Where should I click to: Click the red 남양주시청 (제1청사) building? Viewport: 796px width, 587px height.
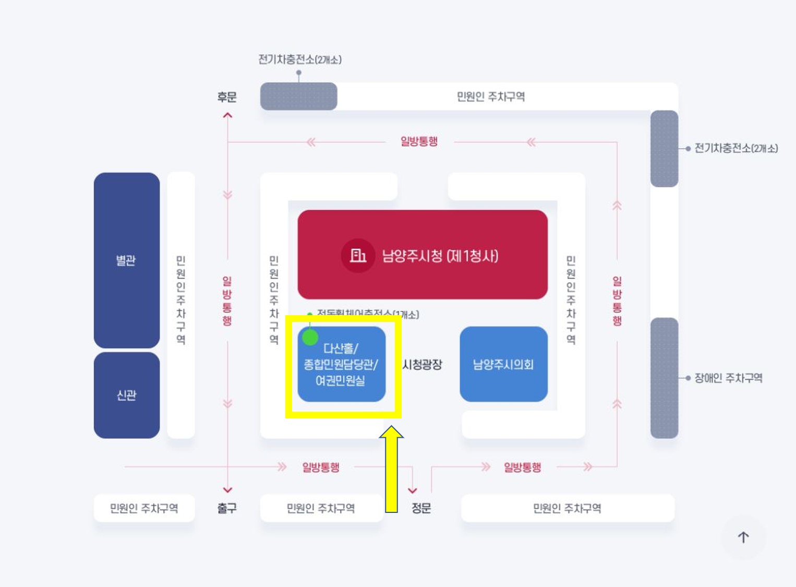point(423,255)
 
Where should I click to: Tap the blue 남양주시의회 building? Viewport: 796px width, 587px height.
point(503,364)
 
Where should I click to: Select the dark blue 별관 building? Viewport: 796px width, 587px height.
point(126,260)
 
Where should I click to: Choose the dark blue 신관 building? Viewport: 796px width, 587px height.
point(126,395)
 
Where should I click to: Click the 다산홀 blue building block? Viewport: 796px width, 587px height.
point(341,364)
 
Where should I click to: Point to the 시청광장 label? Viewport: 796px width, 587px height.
point(422,364)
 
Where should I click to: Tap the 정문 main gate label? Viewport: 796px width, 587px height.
point(421,508)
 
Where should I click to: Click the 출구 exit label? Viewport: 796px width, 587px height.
point(227,508)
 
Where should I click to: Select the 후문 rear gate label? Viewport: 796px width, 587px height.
point(227,97)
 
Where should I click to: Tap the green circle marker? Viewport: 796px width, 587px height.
point(310,338)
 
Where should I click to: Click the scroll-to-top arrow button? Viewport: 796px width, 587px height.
point(743,537)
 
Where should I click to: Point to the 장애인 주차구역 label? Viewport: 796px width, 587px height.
point(728,378)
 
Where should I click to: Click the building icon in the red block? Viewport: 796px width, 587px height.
point(358,255)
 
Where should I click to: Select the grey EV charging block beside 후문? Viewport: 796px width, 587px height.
point(298,97)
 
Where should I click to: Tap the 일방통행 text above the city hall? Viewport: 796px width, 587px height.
point(419,141)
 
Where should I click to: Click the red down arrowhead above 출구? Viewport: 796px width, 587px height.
point(227,490)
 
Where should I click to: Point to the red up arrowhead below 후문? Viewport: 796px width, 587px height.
point(227,115)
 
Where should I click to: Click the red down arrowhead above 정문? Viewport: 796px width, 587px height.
point(413,490)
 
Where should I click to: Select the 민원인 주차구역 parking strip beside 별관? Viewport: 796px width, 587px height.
point(180,305)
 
